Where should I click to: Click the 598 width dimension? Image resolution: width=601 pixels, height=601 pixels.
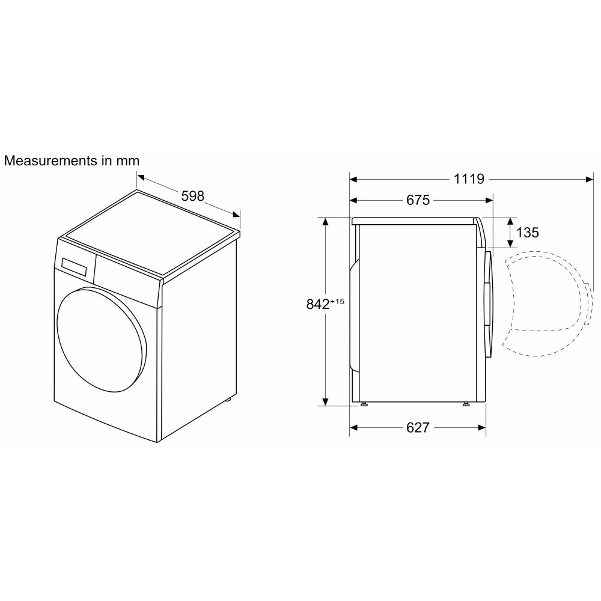[192, 196]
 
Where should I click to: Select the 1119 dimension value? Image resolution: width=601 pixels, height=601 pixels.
[469, 178]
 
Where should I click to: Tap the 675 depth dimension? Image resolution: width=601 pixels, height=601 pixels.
[418, 200]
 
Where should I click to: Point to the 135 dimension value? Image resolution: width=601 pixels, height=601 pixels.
[527, 232]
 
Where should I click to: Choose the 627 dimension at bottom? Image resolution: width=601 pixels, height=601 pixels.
[418, 427]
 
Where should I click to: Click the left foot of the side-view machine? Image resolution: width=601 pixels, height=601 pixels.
[364, 404]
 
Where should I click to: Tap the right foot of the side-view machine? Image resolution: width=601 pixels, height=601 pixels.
[467, 404]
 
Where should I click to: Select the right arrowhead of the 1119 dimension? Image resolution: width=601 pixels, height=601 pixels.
[585, 178]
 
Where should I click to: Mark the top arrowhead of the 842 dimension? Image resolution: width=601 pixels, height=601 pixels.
[326, 222]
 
